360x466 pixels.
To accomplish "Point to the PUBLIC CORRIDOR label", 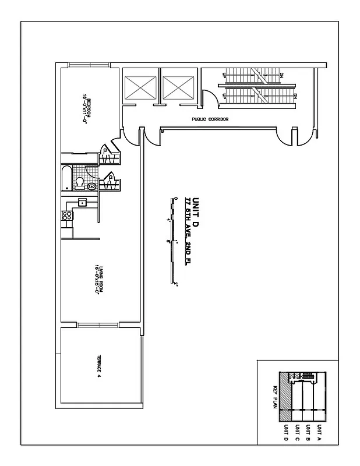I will [x=210, y=119].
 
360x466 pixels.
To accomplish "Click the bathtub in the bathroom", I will [x=65, y=178].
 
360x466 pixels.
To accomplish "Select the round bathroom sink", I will [x=91, y=187].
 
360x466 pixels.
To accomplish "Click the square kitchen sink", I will [x=83, y=203].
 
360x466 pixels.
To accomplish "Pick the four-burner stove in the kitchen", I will [x=66, y=216].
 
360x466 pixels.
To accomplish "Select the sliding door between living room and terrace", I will [x=98, y=325].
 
